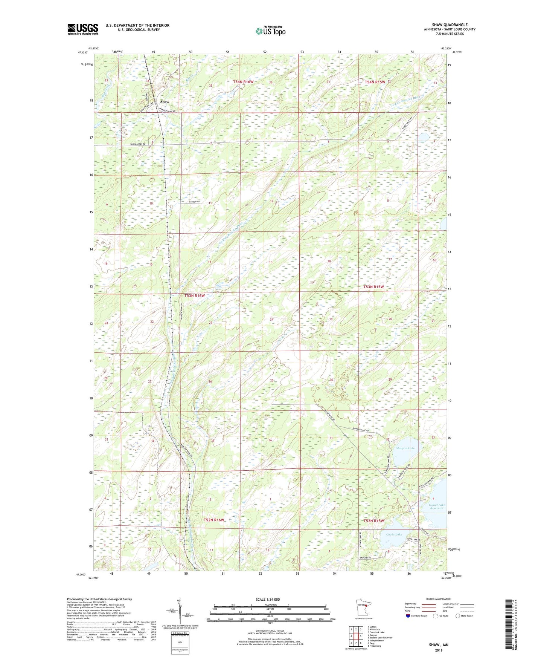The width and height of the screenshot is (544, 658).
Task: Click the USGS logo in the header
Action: click(x=83, y=29)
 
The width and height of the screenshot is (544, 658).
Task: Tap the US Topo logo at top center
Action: click(x=270, y=31)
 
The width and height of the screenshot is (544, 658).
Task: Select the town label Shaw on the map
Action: click(x=165, y=102)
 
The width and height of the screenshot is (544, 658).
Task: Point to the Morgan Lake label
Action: click(x=405, y=448)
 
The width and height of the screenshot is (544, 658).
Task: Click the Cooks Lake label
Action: click(x=394, y=534)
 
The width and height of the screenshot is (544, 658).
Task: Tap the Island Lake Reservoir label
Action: click(x=437, y=507)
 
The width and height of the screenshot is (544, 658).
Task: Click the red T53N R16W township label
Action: click(x=194, y=296)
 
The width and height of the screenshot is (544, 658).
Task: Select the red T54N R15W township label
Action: click(x=375, y=82)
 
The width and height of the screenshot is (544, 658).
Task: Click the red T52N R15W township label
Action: click(x=373, y=521)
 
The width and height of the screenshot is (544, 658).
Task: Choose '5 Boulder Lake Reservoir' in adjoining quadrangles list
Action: click(x=380, y=638)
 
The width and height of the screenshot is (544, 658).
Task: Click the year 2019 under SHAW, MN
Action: click(x=439, y=650)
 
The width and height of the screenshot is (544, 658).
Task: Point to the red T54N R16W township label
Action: click(x=243, y=82)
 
